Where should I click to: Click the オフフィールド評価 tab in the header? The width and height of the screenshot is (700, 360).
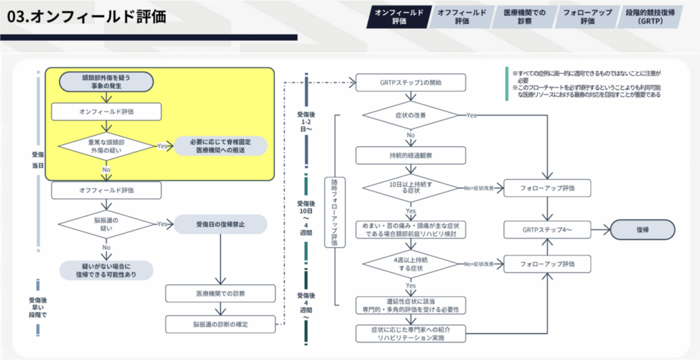(x=462, y=17)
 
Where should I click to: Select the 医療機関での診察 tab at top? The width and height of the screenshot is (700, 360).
(x=524, y=17)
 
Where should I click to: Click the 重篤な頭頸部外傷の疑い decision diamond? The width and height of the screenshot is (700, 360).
(x=106, y=146)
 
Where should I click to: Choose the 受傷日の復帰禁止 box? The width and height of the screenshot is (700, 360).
(x=219, y=224)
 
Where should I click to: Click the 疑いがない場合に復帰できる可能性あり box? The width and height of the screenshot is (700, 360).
(x=106, y=270)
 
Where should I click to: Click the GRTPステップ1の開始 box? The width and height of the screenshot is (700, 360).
(x=410, y=83)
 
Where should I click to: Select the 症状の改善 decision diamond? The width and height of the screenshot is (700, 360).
(x=410, y=115)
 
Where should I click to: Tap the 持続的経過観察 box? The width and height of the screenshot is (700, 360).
(x=410, y=156)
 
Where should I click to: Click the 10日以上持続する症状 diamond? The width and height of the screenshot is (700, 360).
(x=410, y=189)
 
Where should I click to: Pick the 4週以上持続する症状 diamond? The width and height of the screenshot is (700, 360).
(x=410, y=264)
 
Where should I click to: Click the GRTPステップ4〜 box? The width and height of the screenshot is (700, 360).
(x=547, y=230)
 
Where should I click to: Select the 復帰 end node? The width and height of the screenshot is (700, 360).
(x=642, y=230)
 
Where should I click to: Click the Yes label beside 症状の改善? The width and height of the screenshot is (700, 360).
(x=471, y=115)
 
